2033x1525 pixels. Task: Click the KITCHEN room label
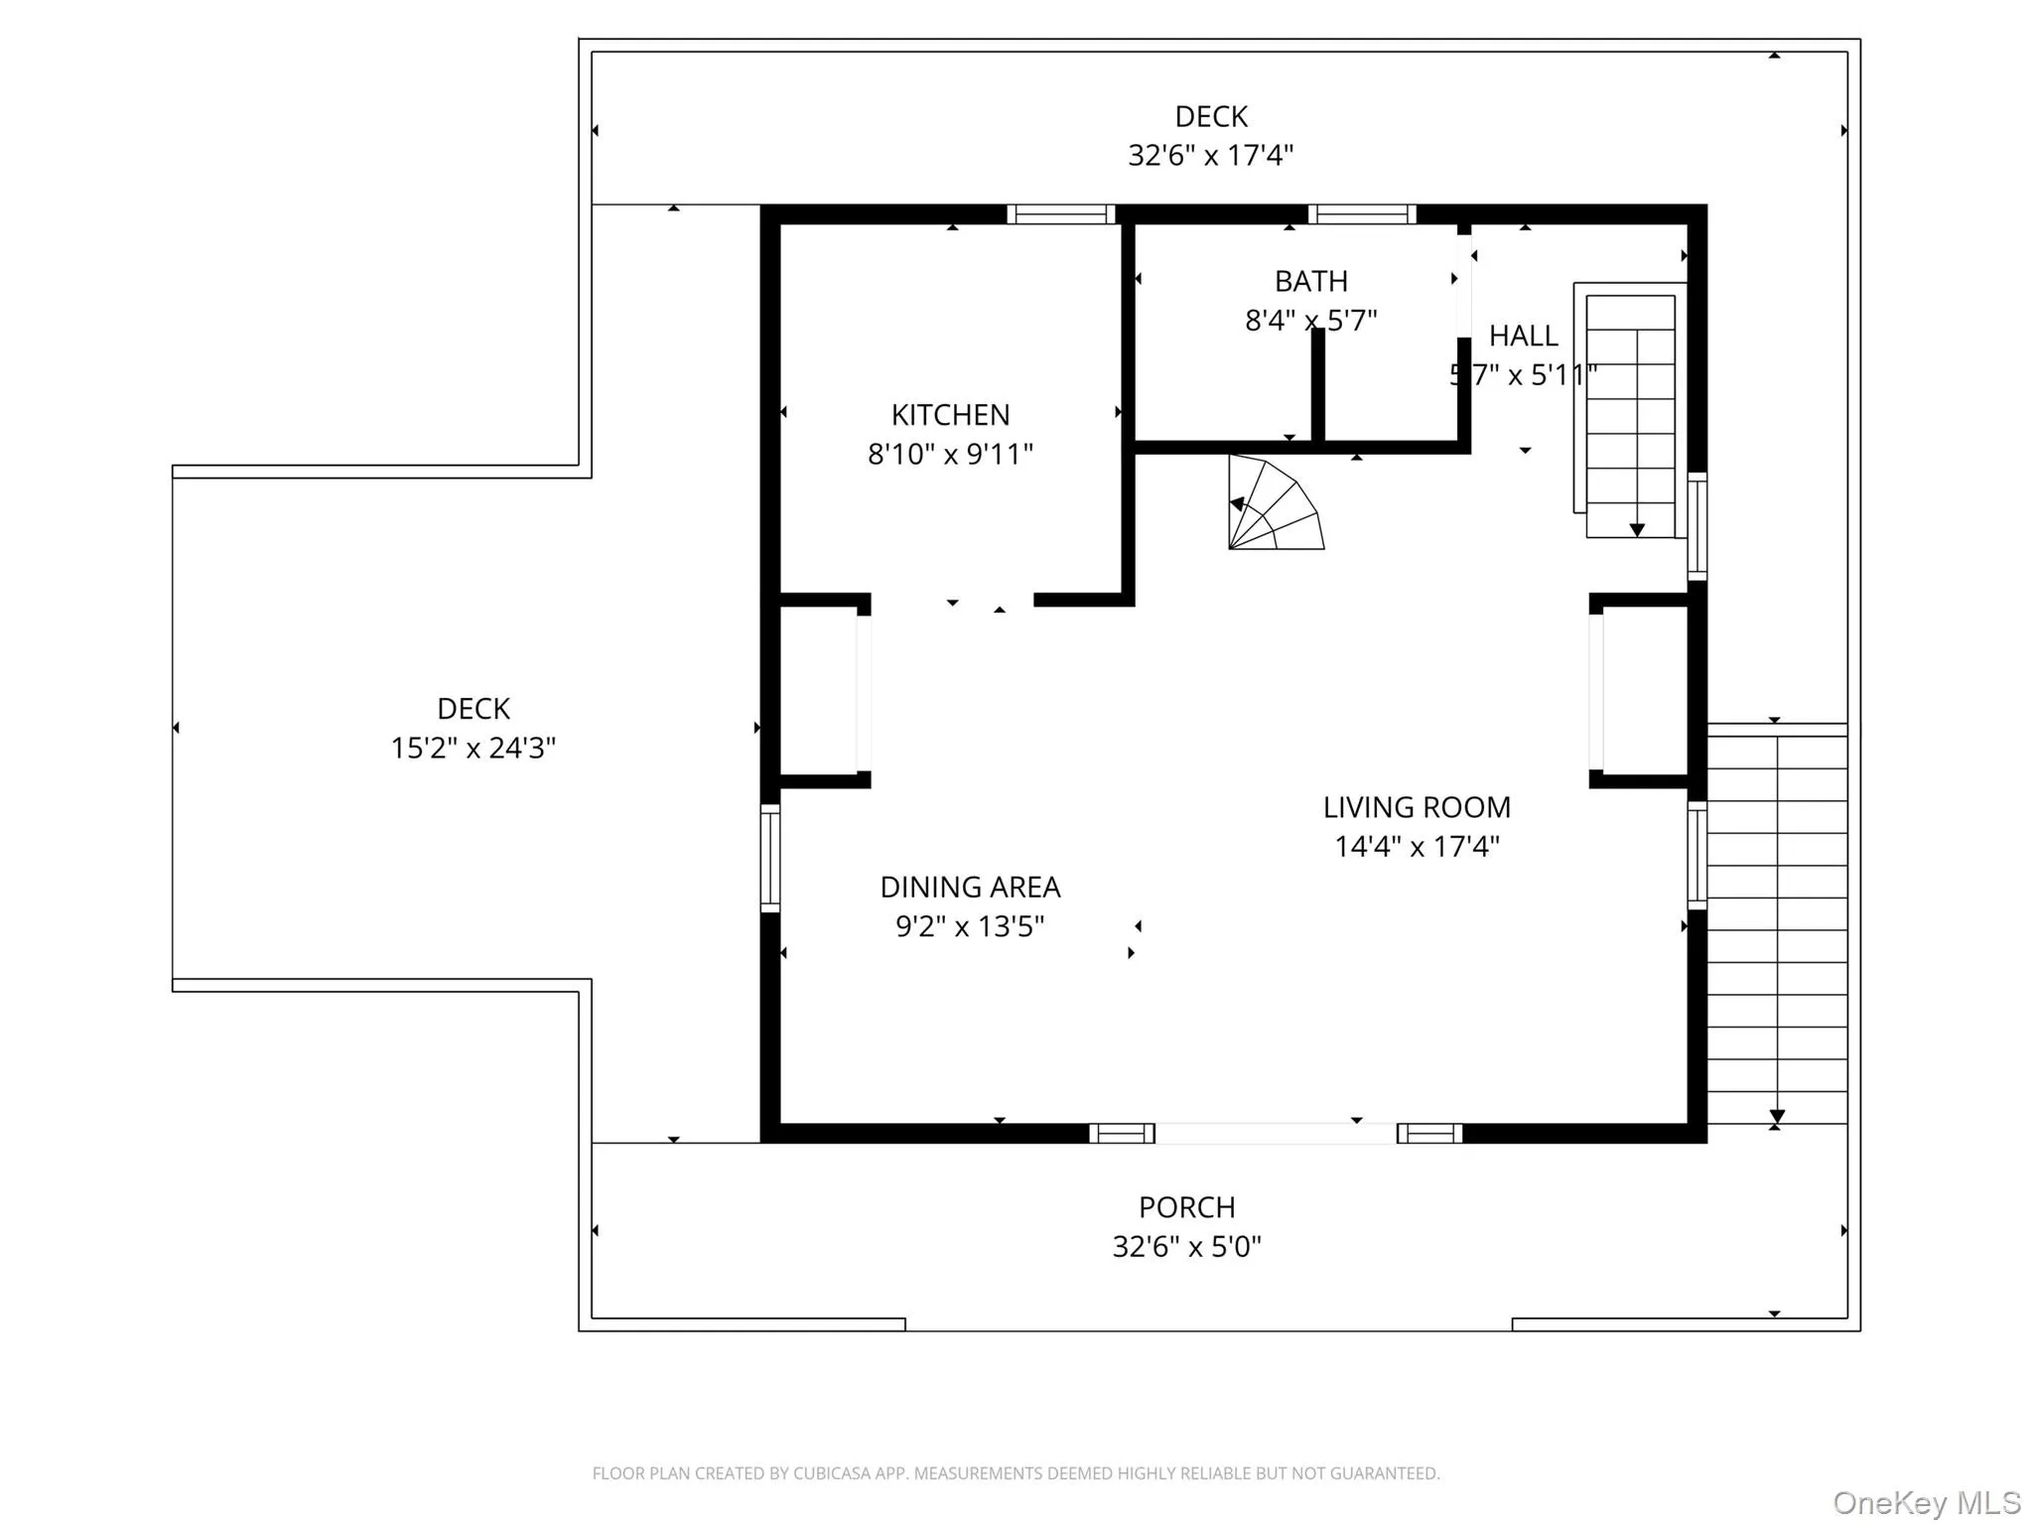click(x=950, y=414)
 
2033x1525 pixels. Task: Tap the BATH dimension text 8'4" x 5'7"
click(x=1310, y=321)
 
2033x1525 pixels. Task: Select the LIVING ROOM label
click(x=1417, y=807)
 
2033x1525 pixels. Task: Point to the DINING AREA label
click(x=970, y=887)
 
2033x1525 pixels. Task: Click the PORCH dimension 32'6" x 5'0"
click(x=1186, y=1246)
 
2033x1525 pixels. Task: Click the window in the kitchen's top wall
click(x=1060, y=214)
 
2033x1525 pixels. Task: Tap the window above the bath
click(x=1362, y=214)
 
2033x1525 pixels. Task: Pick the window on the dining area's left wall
click(x=770, y=858)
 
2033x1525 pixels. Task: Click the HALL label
click(x=1523, y=336)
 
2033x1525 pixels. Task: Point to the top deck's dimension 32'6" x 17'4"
click(x=1210, y=156)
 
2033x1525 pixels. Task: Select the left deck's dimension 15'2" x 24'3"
click(x=473, y=748)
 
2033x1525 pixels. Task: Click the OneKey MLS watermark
click(x=1927, y=1502)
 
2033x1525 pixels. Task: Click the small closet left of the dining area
click(x=818, y=691)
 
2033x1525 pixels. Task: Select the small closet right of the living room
click(x=1644, y=691)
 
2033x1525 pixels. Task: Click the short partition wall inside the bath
click(x=1317, y=385)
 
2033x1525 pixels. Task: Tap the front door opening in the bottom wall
click(x=1275, y=1133)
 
